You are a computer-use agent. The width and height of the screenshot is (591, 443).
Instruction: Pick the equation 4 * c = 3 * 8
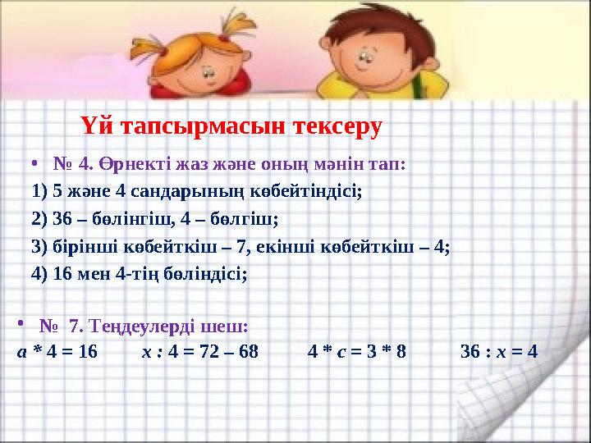tap(357, 352)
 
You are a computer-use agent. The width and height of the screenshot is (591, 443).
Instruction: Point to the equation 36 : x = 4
tap(499, 352)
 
